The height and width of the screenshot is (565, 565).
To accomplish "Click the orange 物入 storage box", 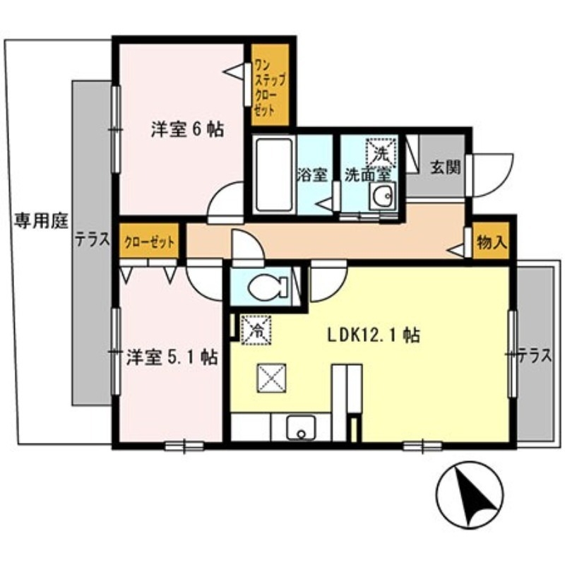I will click(x=492, y=243).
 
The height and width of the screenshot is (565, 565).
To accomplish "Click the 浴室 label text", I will click(x=313, y=173).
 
